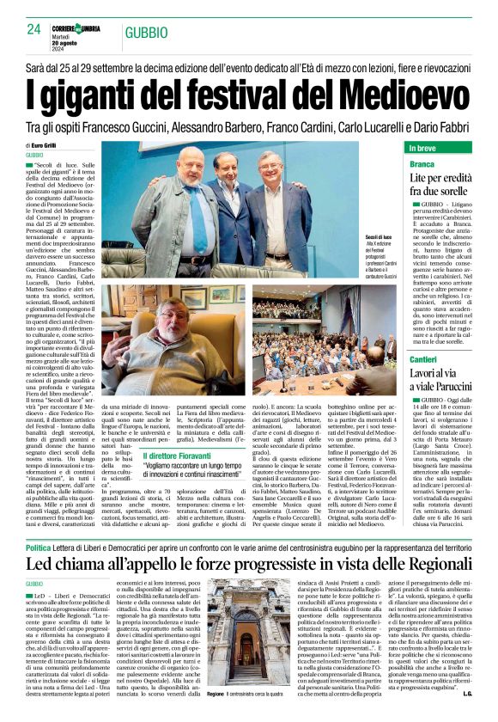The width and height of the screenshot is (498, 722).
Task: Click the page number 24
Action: (x=34, y=29)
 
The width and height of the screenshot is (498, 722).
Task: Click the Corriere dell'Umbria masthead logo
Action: (x=76, y=28)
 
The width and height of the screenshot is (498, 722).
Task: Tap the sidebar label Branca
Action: (x=422, y=163)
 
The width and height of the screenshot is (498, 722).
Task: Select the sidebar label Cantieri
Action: (x=424, y=358)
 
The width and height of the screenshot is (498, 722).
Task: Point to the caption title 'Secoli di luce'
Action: (x=379, y=236)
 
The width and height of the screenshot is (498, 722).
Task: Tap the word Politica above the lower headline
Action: (x=38, y=548)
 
